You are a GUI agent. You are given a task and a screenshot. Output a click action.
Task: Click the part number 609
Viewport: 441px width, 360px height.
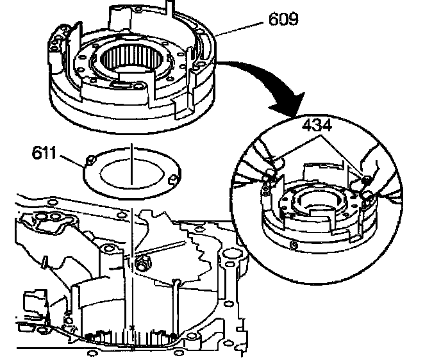tap(279, 20)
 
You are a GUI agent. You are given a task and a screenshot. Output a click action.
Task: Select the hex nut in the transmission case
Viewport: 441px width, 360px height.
tap(143, 261)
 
